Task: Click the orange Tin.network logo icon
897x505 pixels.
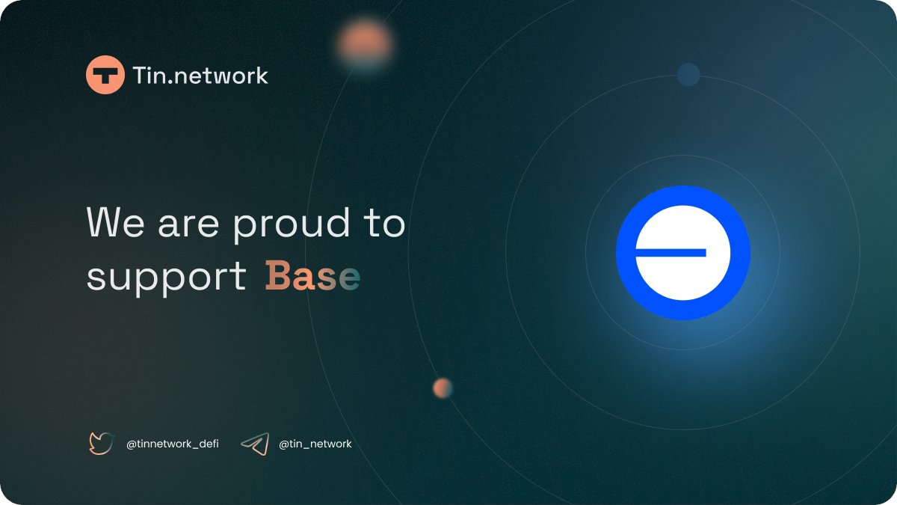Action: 105,76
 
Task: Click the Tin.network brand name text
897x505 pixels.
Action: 200,76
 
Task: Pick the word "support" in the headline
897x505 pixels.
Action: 166,278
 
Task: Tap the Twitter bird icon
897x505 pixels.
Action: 101,444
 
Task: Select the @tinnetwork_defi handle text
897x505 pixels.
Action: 172,444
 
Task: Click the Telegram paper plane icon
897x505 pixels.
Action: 255,444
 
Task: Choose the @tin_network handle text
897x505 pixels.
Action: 315,444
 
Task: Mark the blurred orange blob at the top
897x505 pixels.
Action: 364,41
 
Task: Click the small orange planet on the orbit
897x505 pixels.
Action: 443,388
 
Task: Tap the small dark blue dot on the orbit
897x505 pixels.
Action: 688,74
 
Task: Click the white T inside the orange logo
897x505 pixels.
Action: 105,76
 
